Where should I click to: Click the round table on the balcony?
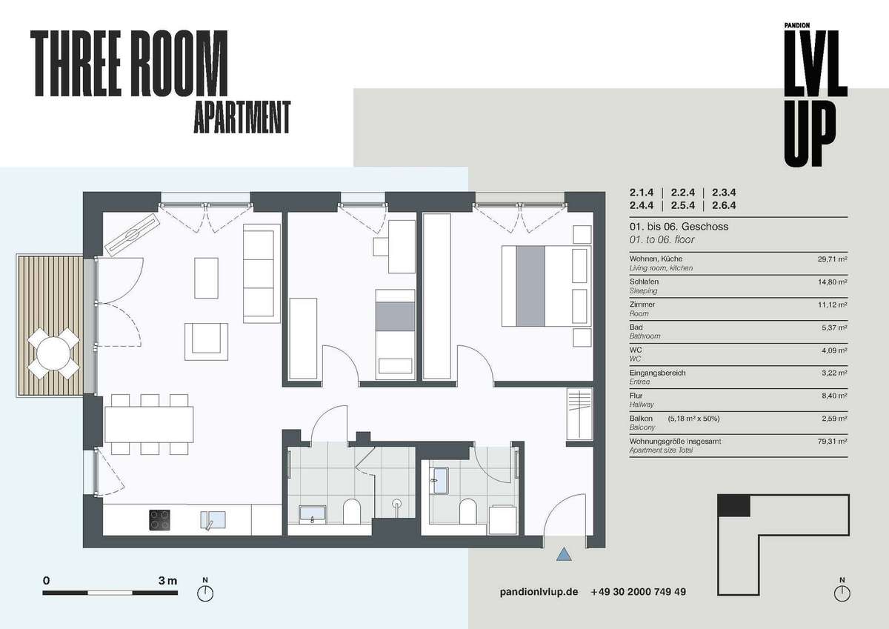tap(53, 353)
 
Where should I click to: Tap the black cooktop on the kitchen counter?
tap(159, 520)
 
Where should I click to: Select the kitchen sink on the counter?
tap(213, 520)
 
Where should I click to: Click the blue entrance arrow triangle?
tap(564, 554)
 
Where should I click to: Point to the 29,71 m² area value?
tap(832, 259)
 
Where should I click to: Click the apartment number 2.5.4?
tap(682, 205)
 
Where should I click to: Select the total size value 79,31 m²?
tap(832, 441)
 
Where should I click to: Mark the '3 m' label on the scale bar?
tap(167, 581)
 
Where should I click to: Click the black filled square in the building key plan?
tap(734, 506)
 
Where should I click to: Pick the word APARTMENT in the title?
tap(242, 117)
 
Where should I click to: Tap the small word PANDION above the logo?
tap(797, 25)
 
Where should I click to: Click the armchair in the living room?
tap(206, 342)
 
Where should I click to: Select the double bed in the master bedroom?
tap(546, 286)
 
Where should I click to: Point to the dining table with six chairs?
tap(149, 425)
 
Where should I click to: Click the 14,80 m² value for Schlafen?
tap(832, 282)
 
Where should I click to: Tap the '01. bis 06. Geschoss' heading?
tap(679, 227)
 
